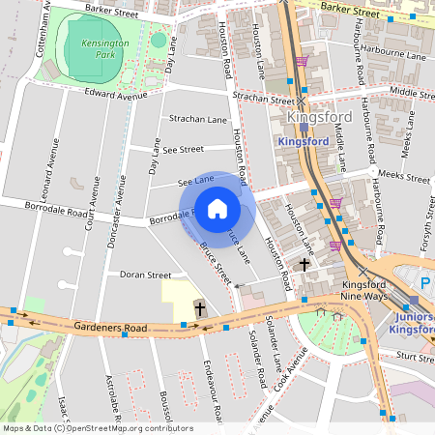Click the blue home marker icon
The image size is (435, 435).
tap(217, 209)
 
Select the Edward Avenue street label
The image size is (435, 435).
tap(115, 95)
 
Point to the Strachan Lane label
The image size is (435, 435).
tap(197, 119)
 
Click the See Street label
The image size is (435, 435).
tap(183, 149)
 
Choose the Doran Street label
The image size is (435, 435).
tap(144, 275)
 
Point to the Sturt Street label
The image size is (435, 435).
tap(417, 357)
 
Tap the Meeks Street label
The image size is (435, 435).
tap(404, 176)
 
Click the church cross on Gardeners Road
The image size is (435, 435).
tap(200, 309)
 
